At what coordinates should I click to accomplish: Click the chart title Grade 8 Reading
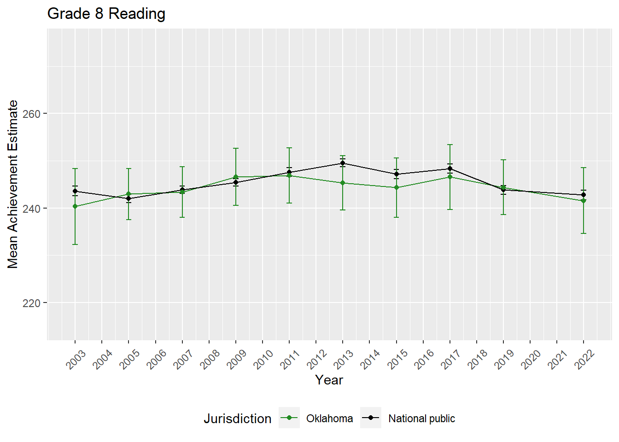[106, 14]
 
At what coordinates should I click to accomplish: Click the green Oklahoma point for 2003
[75, 206]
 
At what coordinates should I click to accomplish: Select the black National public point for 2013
[343, 163]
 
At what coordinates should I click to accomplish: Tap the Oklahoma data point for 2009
[236, 177]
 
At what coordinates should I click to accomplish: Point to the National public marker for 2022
[584, 195]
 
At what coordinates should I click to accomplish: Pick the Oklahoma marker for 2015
[396, 187]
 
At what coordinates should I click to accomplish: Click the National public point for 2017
[450, 169]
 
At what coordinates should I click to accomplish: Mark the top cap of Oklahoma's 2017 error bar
[450, 145]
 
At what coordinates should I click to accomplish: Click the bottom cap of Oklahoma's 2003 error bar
[75, 244]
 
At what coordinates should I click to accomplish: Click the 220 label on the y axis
[32, 303]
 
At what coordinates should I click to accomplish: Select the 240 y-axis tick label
[32, 209]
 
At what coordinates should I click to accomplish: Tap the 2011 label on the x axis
[291, 359]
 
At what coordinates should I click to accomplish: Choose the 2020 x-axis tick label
[531, 359]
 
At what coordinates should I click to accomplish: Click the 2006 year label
[157, 359]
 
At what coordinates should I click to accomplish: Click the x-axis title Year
[329, 380]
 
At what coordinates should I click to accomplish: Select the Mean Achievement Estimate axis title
[13, 184]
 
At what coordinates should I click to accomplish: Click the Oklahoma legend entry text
[329, 419]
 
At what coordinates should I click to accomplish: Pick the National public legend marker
[371, 418]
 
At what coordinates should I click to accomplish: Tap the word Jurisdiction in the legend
[238, 419]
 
